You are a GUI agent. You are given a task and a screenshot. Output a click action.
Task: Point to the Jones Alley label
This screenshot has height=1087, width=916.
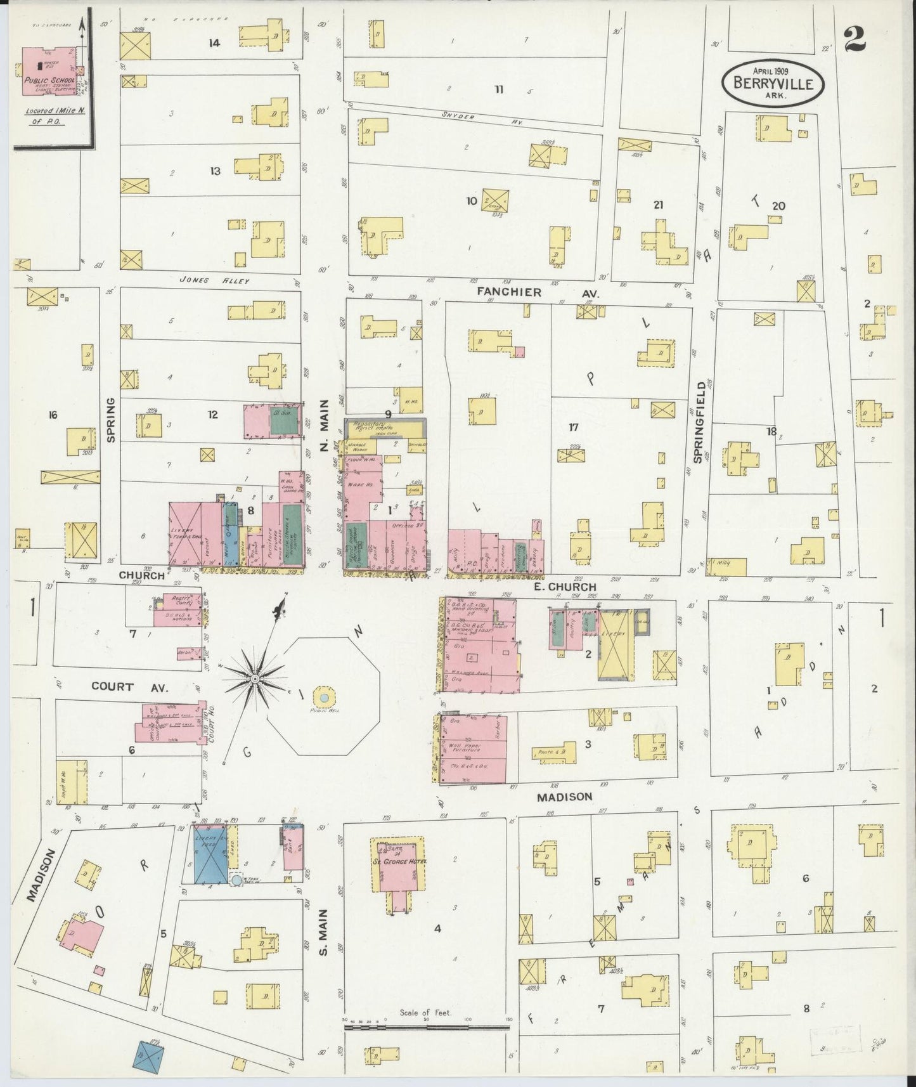click(214, 280)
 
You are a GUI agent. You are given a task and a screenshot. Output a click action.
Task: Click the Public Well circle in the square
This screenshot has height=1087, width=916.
click(323, 698)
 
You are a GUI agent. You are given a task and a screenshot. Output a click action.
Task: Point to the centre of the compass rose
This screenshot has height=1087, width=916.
click(254, 679)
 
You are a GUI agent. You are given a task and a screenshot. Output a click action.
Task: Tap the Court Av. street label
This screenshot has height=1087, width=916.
click(112, 686)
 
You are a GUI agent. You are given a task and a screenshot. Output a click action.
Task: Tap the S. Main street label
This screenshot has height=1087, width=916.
click(323, 934)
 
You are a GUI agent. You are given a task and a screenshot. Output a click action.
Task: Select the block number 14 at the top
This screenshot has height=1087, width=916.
click(214, 43)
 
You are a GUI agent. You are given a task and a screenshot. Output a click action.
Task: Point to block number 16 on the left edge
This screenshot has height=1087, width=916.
click(52, 415)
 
